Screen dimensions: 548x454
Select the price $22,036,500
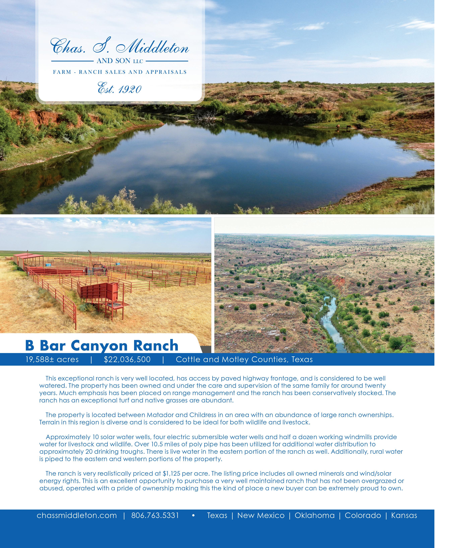tap(127, 360)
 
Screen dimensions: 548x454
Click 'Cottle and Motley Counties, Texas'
tap(244, 360)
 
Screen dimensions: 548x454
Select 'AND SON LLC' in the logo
tap(120, 61)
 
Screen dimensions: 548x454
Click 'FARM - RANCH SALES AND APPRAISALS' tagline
tap(120, 72)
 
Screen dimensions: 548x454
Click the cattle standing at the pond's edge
tap(342, 127)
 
